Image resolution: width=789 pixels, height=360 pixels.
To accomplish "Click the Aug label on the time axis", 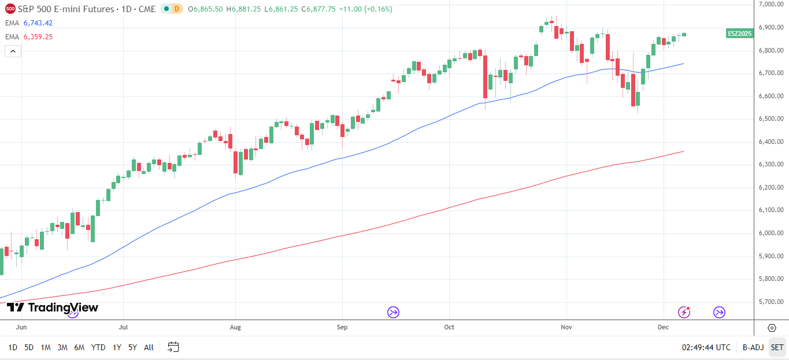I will (x=235, y=327).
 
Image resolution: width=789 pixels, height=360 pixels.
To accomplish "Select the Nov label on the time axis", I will (x=566, y=327).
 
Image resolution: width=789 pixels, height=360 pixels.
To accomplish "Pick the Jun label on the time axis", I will (x=21, y=327).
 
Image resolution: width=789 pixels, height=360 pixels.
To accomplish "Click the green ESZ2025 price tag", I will (x=739, y=34).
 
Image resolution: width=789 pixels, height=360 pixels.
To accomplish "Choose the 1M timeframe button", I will (x=46, y=347).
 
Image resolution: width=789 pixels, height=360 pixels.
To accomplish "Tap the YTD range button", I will (x=98, y=347).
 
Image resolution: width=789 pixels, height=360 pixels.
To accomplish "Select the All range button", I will (x=149, y=347).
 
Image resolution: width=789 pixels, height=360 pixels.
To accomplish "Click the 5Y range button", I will (x=132, y=347).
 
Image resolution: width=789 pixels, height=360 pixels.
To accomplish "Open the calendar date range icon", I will (x=173, y=347).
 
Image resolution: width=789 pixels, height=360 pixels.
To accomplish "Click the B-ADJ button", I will (x=753, y=347).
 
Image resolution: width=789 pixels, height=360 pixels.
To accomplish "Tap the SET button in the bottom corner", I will (x=777, y=347).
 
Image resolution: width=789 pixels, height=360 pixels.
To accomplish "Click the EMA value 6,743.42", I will (x=38, y=23).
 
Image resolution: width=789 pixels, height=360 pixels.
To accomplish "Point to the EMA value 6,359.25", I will (x=38, y=36).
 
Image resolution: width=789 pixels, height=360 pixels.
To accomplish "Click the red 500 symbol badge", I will (x=10, y=9).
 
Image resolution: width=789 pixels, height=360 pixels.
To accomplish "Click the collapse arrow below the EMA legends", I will (x=13, y=51).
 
